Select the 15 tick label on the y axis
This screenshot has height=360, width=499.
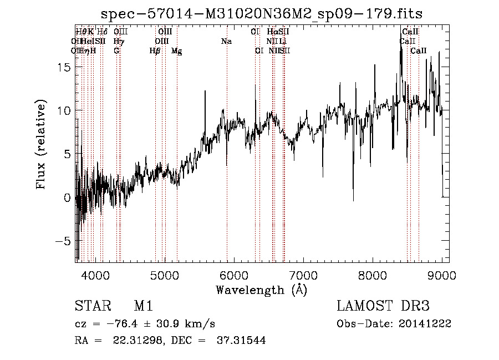[x=64, y=67]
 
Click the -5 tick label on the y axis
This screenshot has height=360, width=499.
[x=64, y=241]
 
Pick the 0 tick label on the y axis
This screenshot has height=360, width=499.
[x=68, y=198]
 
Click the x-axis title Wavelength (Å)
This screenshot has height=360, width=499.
[x=261, y=289]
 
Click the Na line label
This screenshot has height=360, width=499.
[x=226, y=42]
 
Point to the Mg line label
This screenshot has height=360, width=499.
[x=176, y=51]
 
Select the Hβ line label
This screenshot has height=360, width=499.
[x=155, y=51]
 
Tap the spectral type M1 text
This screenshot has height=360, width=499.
[x=143, y=306]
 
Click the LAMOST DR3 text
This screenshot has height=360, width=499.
[x=383, y=306]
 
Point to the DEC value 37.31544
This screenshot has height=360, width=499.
[x=242, y=341]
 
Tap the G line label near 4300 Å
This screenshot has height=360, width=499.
[x=116, y=51]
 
